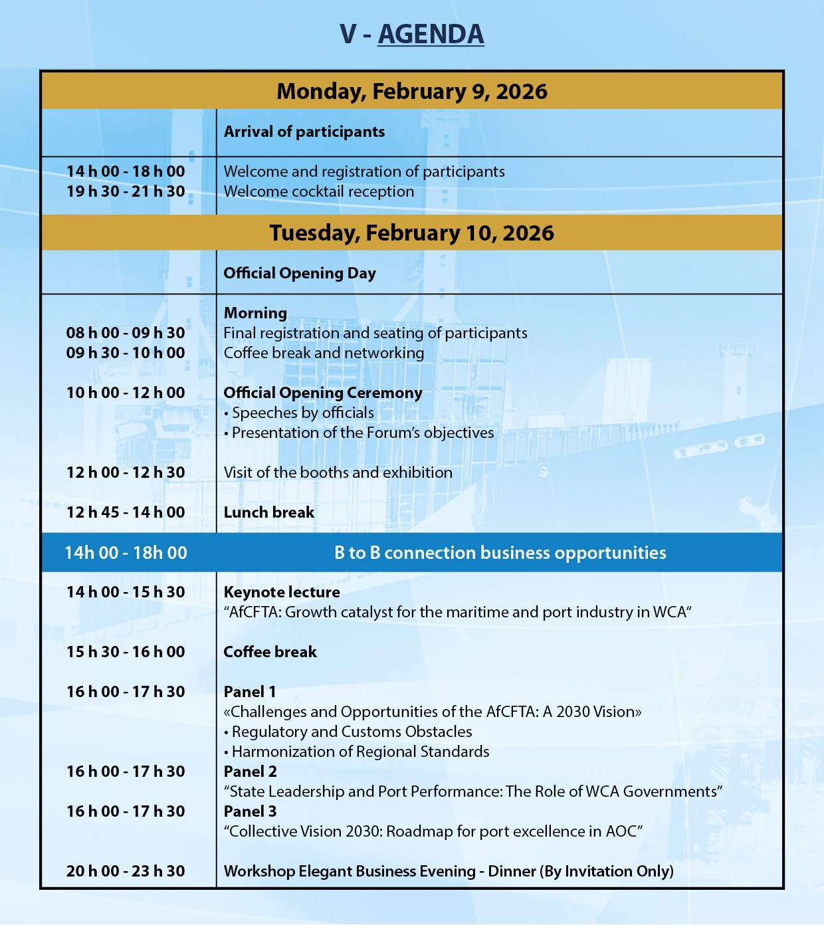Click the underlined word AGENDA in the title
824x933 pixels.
[x=431, y=35]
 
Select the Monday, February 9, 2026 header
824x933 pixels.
[x=412, y=91]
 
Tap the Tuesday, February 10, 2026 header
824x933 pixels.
[x=412, y=233]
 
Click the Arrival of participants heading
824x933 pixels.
[x=304, y=132]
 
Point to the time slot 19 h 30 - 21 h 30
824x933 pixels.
[x=126, y=191]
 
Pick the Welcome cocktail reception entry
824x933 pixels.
[x=319, y=191]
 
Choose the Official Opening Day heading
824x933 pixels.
[x=300, y=273]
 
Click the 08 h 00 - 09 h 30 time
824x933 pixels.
[x=126, y=333]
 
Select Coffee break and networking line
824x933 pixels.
[x=324, y=353]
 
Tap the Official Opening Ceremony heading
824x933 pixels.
[x=323, y=393]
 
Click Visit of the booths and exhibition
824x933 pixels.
[x=338, y=472]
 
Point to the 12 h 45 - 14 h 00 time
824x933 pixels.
[x=126, y=512]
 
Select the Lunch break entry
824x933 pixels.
[x=269, y=512]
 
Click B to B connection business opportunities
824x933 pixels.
[x=500, y=553]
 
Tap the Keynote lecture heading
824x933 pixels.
[x=282, y=592]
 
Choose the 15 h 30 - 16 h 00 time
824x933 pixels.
[x=126, y=652]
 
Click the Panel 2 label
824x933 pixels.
[x=251, y=772]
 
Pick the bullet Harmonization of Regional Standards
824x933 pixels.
[x=360, y=752]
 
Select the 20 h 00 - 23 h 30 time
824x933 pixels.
[x=126, y=871]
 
